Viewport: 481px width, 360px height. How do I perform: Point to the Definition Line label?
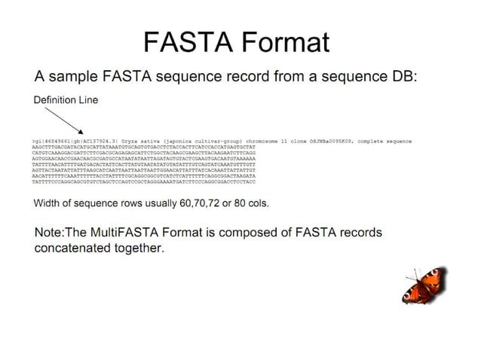point(66,100)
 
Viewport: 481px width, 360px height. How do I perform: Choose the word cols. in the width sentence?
point(255,203)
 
